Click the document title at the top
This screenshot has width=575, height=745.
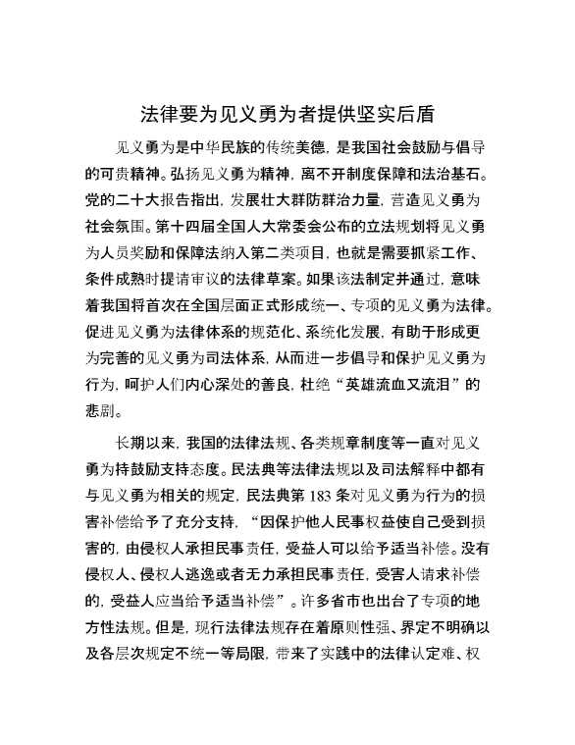(x=287, y=113)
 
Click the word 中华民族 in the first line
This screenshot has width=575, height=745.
(x=222, y=147)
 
